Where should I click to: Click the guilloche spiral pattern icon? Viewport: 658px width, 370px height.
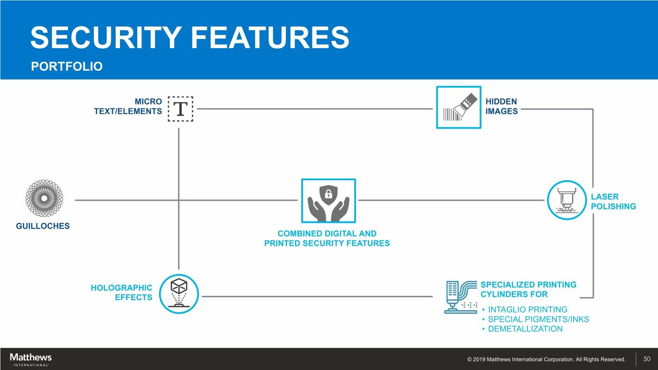click(44, 199)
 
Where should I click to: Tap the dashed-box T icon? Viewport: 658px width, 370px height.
click(180, 109)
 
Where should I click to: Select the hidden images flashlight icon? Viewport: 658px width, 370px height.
click(458, 107)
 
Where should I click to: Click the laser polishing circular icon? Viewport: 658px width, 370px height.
click(567, 200)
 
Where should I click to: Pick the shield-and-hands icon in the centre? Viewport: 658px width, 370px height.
click(328, 200)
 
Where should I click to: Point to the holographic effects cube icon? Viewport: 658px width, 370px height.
click(178, 293)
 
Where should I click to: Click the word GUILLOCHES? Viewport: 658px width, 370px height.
click(43, 226)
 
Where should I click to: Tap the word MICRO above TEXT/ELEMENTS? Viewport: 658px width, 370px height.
click(148, 102)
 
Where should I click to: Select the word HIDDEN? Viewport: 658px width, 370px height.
click(501, 102)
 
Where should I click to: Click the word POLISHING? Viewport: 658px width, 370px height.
click(613, 206)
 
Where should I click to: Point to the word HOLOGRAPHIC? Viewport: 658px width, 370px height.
click(121, 288)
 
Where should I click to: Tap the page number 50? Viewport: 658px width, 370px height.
click(647, 359)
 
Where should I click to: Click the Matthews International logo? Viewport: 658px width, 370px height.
click(30, 359)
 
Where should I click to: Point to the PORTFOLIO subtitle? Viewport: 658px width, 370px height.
click(67, 66)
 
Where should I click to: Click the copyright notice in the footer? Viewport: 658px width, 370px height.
click(546, 359)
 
